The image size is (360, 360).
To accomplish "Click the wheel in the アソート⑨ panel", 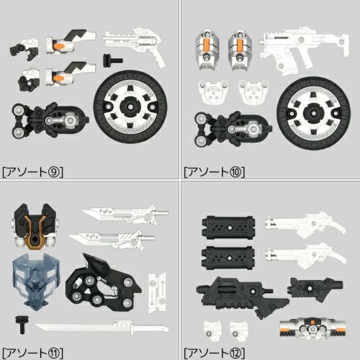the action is (x=130, y=107).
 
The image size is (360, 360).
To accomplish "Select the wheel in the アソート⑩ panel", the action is (x=313, y=113).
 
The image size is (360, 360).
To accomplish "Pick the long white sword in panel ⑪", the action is (x=102, y=328).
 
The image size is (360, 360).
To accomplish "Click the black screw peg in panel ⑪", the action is (x=22, y=324).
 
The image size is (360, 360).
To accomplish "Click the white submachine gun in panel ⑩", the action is (x=304, y=49).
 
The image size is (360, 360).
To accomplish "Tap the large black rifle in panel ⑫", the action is (x=243, y=297).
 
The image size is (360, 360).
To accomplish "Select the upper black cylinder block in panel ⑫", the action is (x=228, y=228).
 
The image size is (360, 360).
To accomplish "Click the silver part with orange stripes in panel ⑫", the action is (x=312, y=328).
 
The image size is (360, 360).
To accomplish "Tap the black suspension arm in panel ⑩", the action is (x=233, y=129).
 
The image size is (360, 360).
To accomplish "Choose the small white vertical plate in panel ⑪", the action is (x=157, y=293).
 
